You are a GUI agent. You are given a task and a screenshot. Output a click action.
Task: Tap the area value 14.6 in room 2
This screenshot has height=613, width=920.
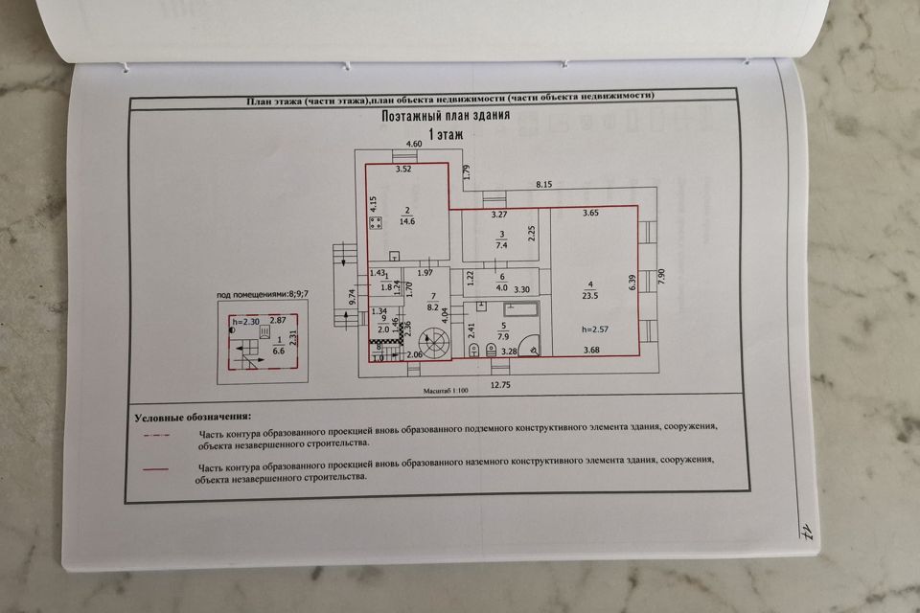(407, 221)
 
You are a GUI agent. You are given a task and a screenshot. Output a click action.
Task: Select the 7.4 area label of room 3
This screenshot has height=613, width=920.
(500, 245)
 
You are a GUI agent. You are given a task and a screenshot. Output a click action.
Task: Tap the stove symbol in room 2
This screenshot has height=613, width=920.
(376, 222)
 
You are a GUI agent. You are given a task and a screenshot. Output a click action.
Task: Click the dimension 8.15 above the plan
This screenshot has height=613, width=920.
(544, 183)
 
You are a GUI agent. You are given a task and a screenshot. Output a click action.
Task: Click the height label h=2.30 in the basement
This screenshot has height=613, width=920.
(246, 320)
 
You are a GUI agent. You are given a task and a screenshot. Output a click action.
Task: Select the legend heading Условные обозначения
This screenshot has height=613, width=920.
(192, 418)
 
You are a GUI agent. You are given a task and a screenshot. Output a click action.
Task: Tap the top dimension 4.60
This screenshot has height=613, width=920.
(414, 144)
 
